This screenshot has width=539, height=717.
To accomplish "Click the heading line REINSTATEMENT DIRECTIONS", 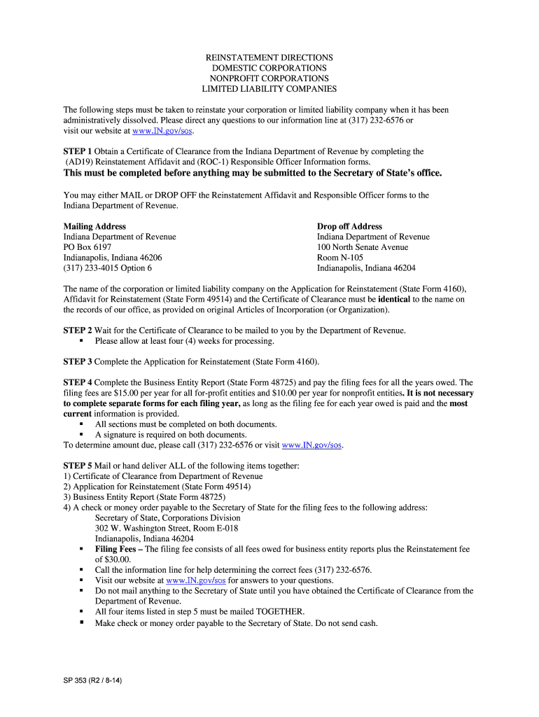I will [x=269, y=57].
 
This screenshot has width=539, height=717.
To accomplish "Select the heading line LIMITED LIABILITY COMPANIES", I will [x=269, y=89].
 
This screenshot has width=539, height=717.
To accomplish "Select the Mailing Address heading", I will [x=94, y=226].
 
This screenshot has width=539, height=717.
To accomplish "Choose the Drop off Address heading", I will [x=349, y=226].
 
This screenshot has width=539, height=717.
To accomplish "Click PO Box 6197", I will [x=87, y=247].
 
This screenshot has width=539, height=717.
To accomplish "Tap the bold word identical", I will [x=394, y=299].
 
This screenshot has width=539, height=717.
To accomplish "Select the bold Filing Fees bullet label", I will [x=115, y=550].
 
